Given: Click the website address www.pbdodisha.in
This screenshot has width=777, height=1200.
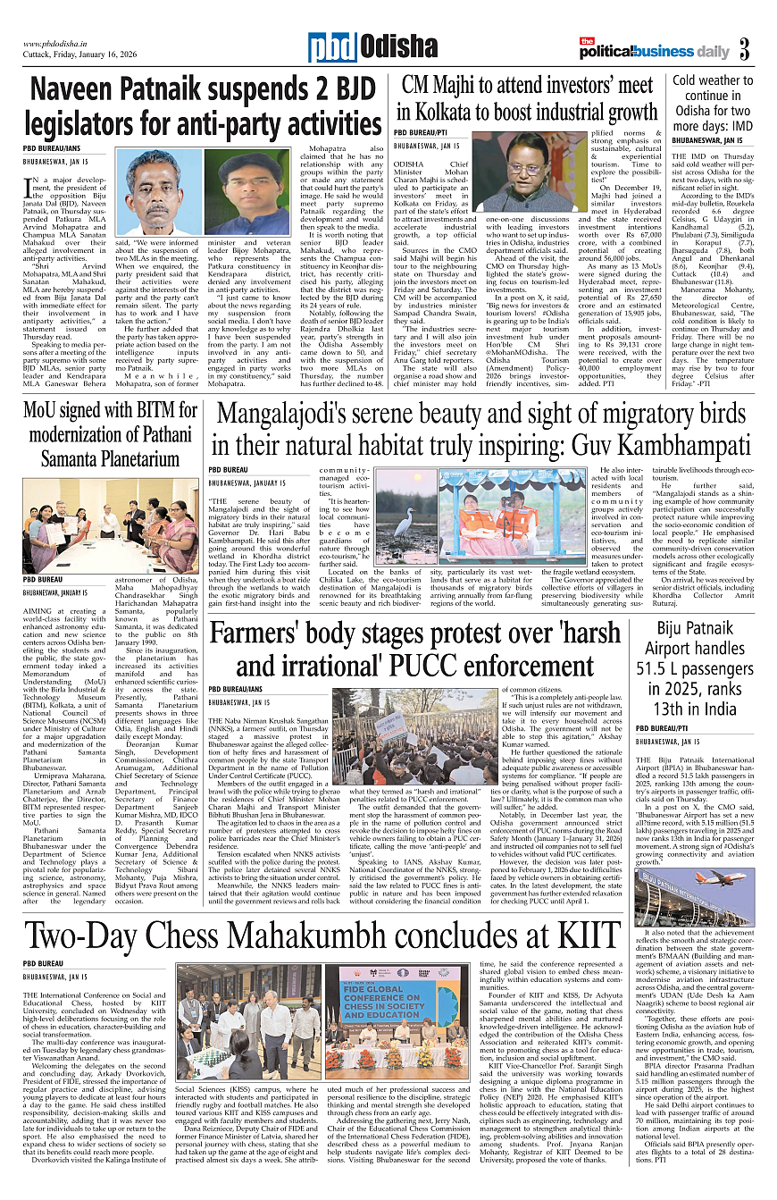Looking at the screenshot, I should pyautogui.click(x=61, y=43).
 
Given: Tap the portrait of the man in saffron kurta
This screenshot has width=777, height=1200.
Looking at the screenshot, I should pyautogui.click(x=164, y=191).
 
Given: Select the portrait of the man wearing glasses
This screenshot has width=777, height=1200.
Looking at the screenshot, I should pyautogui.click(x=253, y=191).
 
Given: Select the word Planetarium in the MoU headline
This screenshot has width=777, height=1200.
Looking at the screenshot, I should pyautogui.click(x=112, y=460).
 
